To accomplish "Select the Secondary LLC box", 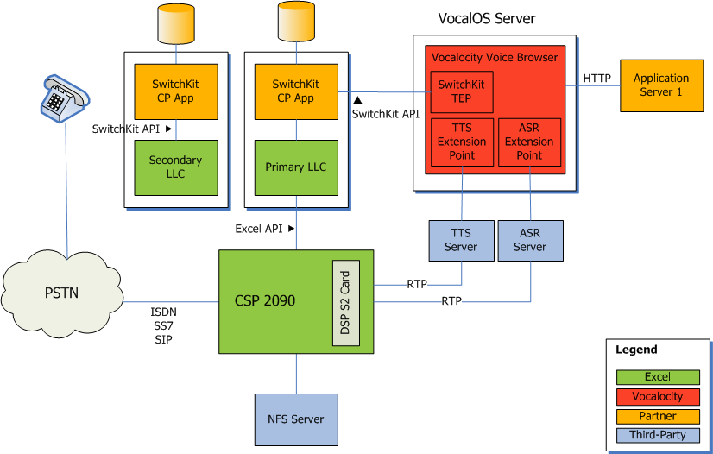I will [175, 167].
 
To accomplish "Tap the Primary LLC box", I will [296, 167].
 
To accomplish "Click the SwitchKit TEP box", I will [462, 91].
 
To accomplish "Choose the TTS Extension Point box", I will [462, 142].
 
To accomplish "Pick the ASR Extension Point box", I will [529, 142].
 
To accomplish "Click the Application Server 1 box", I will [661, 85].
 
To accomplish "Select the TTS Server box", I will [461, 240].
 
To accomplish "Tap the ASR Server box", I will [530, 240].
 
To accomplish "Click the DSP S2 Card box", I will [345, 302].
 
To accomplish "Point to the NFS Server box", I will [296, 419].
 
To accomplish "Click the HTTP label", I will [596, 79].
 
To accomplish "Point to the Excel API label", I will [259, 229].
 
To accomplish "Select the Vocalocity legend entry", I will [657, 396].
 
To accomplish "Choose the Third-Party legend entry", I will [657, 434].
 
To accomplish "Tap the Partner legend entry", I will [657, 415].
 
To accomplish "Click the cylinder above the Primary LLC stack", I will [296, 23].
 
